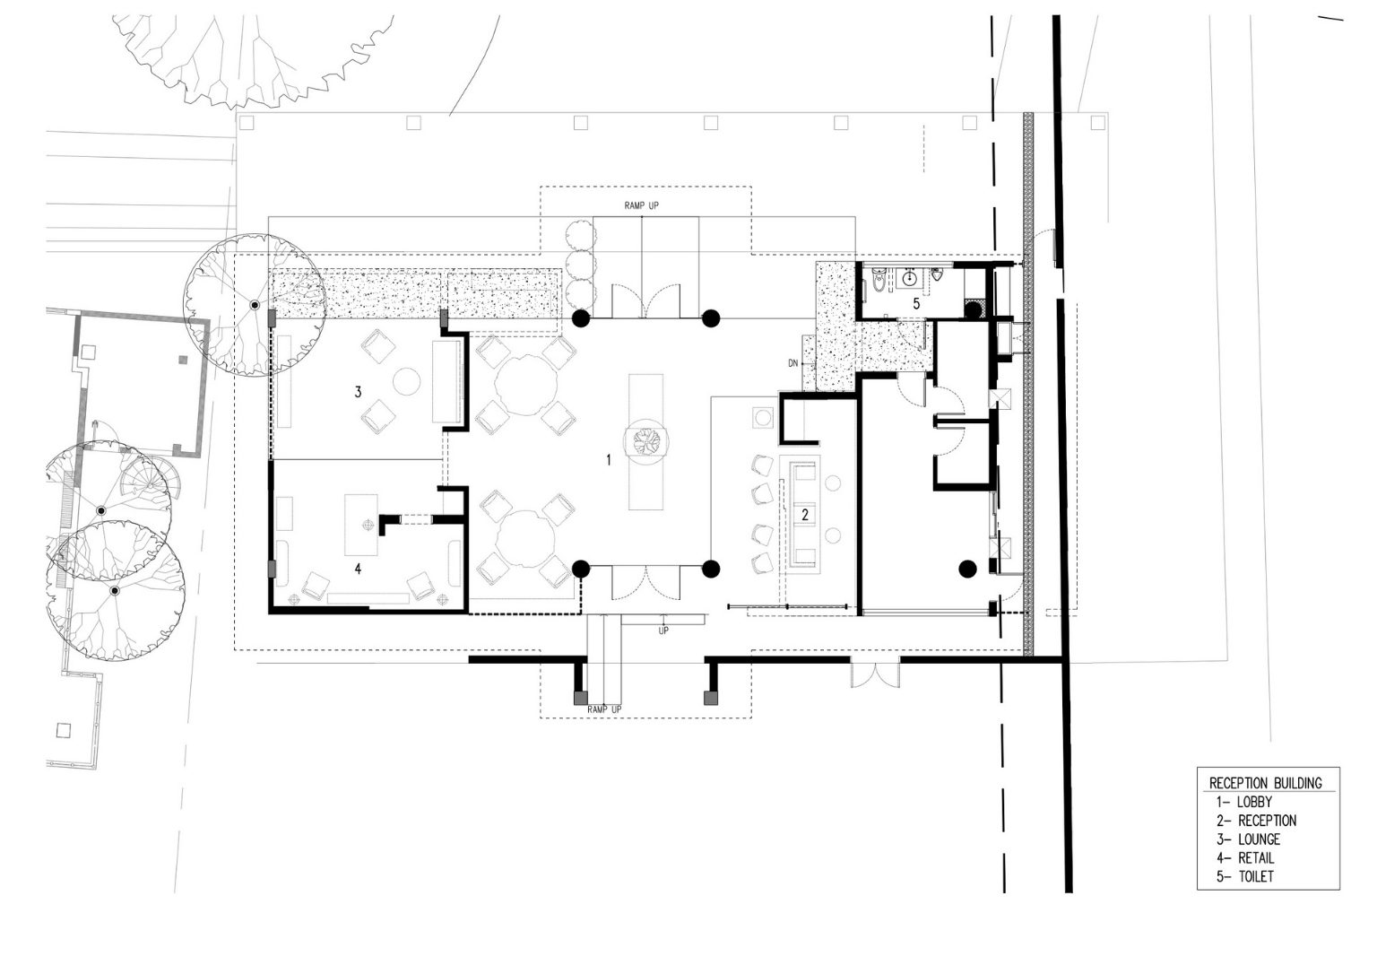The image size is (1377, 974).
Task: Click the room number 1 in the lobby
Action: [609, 459]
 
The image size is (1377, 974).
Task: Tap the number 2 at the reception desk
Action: [805, 515]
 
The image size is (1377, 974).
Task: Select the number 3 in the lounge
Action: [358, 392]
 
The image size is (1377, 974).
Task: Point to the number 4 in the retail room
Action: [358, 569]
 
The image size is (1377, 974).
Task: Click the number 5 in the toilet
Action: [916, 303]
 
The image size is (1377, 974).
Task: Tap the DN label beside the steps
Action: [793, 363]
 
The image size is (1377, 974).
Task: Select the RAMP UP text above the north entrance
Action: [641, 205]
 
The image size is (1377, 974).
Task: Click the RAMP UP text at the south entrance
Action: [604, 709]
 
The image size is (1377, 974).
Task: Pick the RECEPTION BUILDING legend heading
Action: [1266, 783]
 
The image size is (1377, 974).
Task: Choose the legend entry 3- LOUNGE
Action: [1249, 839]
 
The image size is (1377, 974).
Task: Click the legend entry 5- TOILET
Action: [1245, 876]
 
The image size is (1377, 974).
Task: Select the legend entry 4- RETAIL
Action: [1245, 857]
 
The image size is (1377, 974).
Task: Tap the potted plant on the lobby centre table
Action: [645, 441]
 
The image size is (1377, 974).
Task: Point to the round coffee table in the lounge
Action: [406, 381]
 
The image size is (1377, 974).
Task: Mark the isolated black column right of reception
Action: [967, 570]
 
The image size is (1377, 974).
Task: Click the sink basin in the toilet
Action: [909, 279]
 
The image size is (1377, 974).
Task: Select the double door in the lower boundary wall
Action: [875, 672]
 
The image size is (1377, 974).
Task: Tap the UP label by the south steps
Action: [663, 630]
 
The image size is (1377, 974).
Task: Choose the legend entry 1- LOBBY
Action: [1244, 802]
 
